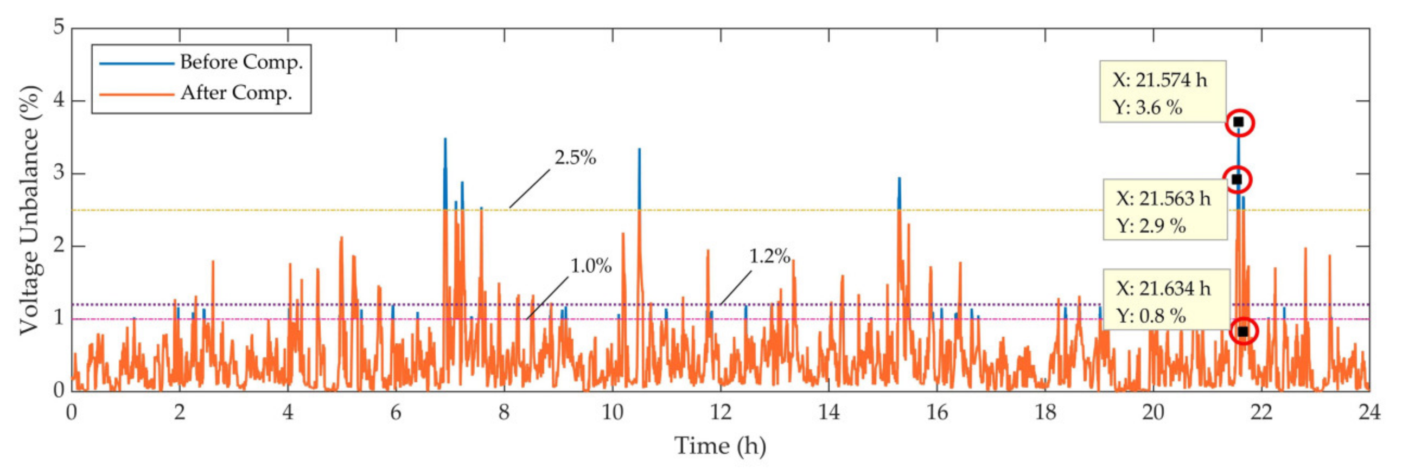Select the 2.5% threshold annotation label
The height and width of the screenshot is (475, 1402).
575,158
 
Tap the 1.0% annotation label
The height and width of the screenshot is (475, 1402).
590,266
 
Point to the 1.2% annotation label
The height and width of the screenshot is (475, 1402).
769,256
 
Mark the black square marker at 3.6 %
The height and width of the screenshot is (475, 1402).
1239,122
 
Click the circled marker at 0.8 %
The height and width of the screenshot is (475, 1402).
1243,331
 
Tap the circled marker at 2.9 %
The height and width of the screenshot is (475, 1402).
1237,179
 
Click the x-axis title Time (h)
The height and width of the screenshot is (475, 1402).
720,446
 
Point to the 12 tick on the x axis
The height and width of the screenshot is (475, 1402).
720,413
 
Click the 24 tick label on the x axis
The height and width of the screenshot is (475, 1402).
1369,413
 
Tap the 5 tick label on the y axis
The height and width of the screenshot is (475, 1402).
58,27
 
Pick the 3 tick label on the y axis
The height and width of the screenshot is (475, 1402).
58,173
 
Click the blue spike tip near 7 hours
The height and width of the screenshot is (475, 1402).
445,139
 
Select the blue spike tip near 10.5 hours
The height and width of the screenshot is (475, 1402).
639,149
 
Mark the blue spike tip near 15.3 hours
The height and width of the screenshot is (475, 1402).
899,178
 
